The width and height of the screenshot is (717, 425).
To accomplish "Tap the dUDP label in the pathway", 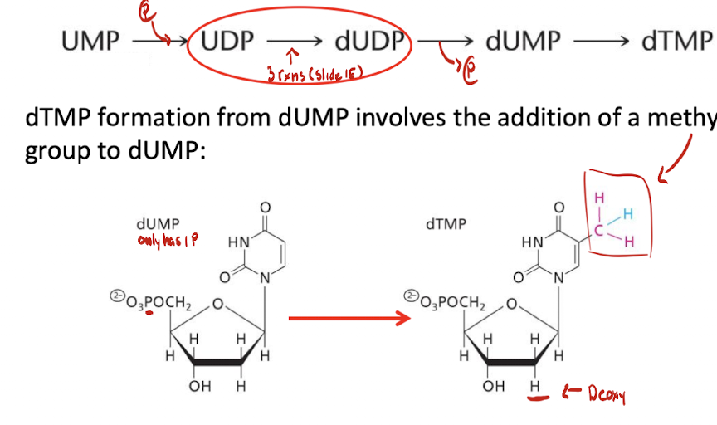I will (x=369, y=41).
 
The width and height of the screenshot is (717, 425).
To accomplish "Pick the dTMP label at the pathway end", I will (x=676, y=41).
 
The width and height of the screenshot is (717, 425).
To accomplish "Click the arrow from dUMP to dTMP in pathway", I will (x=600, y=41).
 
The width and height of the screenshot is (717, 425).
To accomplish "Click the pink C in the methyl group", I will (x=601, y=222).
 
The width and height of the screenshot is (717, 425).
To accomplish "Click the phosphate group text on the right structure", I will (x=447, y=299).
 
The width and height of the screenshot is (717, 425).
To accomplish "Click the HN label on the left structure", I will (x=237, y=243).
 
